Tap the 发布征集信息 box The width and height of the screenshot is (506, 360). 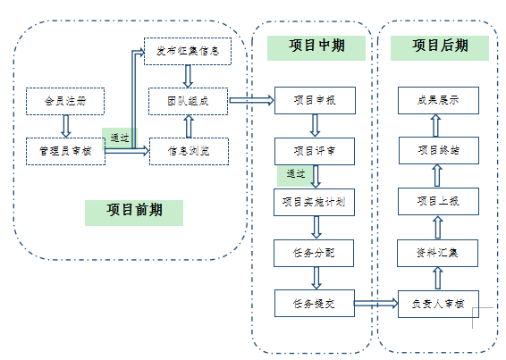tap(188, 51)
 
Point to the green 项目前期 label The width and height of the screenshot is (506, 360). tap(134, 212)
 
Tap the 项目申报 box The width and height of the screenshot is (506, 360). tap(313, 100)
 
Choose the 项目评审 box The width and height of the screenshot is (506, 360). tap(313, 150)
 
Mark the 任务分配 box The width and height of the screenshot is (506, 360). tap(313, 253)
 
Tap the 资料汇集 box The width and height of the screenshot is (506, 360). tap(438, 253)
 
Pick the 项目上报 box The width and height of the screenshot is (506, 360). tap(438, 201)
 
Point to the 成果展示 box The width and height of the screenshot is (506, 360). tap(438, 100)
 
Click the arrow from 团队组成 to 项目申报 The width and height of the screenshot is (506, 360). tap(251, 100)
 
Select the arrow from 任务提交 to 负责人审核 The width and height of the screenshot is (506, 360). tap(375, 304)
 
